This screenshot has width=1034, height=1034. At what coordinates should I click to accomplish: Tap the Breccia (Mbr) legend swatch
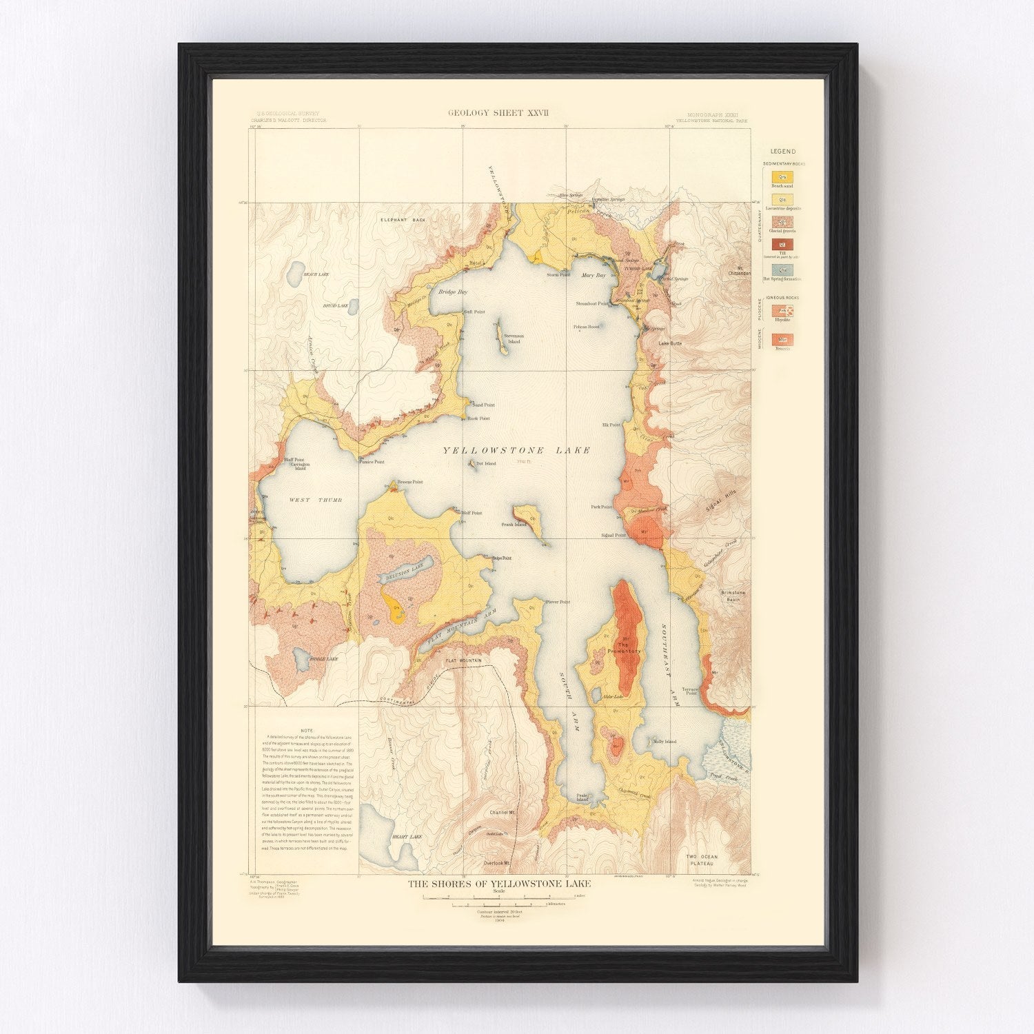782,339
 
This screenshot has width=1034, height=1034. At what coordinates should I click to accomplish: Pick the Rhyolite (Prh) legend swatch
782,310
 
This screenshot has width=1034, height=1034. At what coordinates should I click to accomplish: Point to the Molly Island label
665,742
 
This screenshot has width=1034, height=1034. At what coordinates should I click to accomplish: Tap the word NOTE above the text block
307,730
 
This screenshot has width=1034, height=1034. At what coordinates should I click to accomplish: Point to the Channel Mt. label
503,813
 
